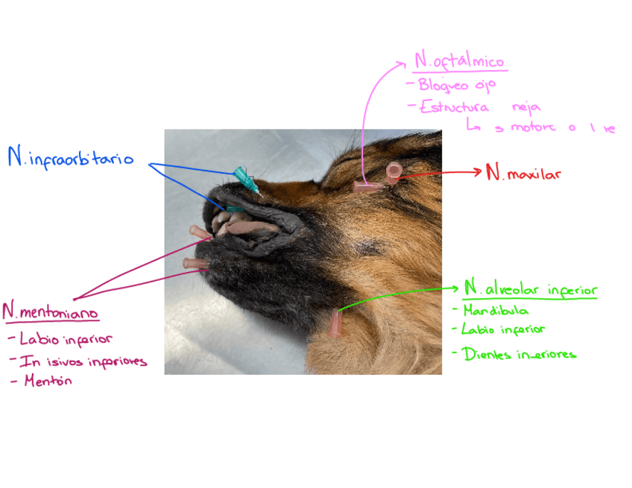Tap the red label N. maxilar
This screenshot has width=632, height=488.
coord(522,174)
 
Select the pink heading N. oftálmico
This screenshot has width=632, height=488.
coord(460,62)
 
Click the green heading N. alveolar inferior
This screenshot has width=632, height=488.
coord(530,288)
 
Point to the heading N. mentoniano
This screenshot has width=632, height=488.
coord(50,312)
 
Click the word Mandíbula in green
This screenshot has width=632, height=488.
coord(496,310)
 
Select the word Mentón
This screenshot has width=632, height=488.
coord(48,381)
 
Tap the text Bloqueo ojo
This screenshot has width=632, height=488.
coord(456,85)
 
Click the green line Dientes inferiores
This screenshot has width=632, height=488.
coord(519,354)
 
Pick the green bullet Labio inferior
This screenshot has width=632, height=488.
coord(503,329)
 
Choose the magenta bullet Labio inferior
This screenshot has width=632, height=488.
coord(66,340)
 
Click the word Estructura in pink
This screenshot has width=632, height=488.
coord(454,107)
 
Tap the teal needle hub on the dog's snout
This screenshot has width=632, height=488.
coord(243,177)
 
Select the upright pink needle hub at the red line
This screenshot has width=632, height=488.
coord(393,174)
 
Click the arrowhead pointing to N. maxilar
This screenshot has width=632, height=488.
coord(478,172)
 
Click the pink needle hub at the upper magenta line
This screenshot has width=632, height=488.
coord(200,232)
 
